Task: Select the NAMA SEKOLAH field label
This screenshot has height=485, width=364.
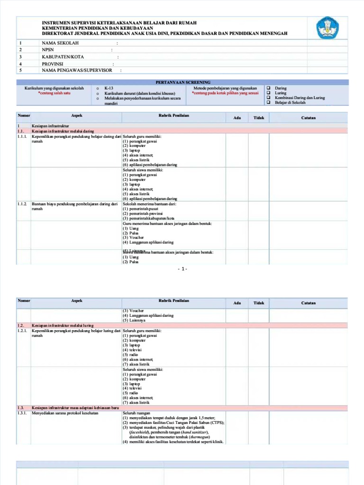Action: (x=60, y=43)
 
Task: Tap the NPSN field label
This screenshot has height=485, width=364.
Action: (x=48, y=50)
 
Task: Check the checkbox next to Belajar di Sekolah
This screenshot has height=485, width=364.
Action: (x=268, y=102)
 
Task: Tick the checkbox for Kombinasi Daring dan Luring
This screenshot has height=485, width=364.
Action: (x=268, y=98)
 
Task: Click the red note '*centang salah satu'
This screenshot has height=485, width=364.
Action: (x=54, y=93)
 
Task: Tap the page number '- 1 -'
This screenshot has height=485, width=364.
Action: (x=182, y=269)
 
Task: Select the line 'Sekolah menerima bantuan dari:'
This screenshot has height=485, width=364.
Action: (x=149, y=204)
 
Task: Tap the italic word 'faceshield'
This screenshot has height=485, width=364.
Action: (x=140, y=432)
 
